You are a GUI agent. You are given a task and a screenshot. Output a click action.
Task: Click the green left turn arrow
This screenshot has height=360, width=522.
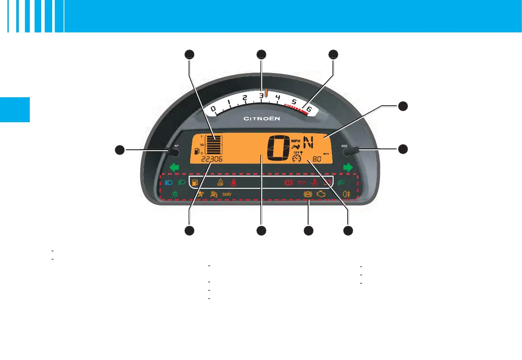click(174, 167)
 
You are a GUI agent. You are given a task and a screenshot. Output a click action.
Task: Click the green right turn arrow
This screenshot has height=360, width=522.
click(348, 167)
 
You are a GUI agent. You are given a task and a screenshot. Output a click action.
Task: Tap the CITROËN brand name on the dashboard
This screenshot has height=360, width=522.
click(261, 118)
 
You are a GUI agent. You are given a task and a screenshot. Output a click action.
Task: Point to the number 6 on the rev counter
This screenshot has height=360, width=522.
click(309, 109)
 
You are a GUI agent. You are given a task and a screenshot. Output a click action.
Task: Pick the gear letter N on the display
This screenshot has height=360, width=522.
click(309, 142)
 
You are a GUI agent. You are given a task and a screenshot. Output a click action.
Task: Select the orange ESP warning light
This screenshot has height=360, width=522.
click(220, 182)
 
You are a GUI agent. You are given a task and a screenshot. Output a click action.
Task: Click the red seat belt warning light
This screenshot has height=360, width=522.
click(234, 182)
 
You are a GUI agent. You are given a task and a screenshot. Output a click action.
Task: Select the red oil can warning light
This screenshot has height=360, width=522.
click(301, 182)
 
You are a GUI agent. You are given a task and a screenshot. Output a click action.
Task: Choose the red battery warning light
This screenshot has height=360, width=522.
click(327, 182)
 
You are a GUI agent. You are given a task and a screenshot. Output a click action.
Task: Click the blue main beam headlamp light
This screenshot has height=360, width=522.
click(169, 183)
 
